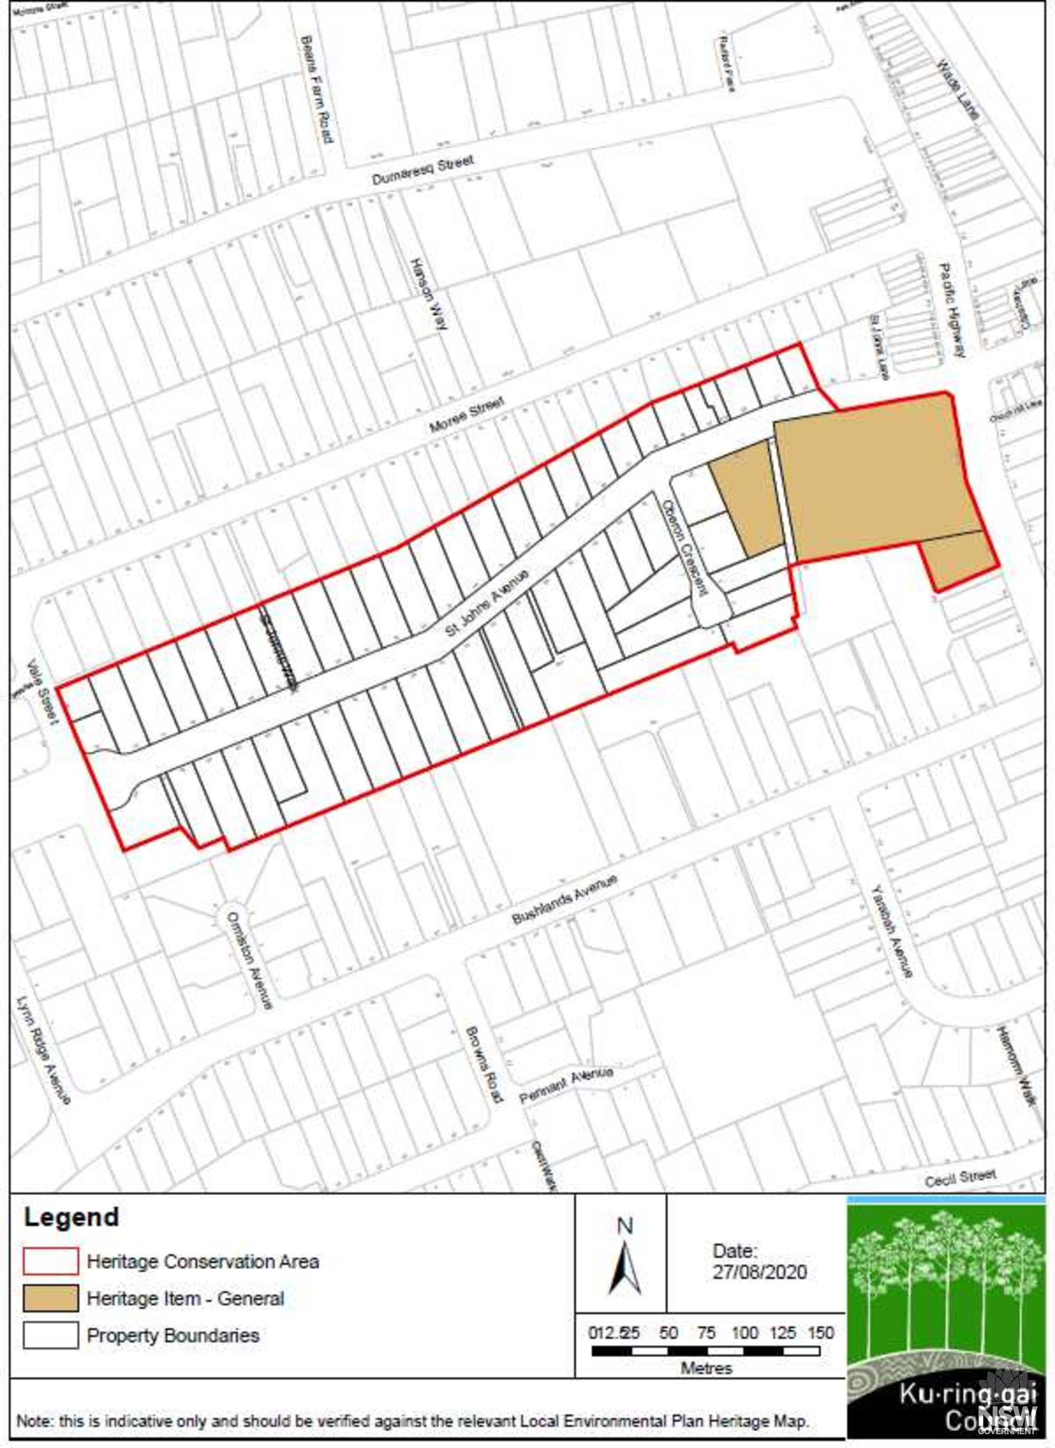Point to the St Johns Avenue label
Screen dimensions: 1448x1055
point(487,603)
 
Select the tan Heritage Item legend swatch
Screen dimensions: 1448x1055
point(51,1298)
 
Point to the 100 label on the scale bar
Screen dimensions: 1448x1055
point(744,1332)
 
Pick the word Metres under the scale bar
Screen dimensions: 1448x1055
point(706,1368)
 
